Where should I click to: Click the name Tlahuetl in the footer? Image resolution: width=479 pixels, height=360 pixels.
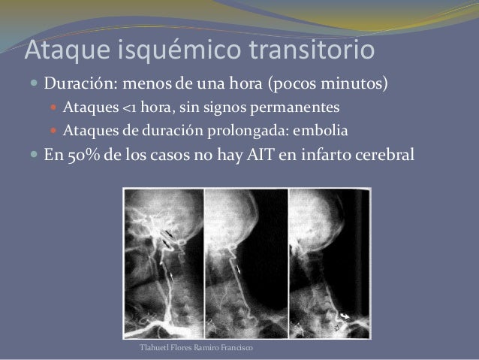155,351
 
